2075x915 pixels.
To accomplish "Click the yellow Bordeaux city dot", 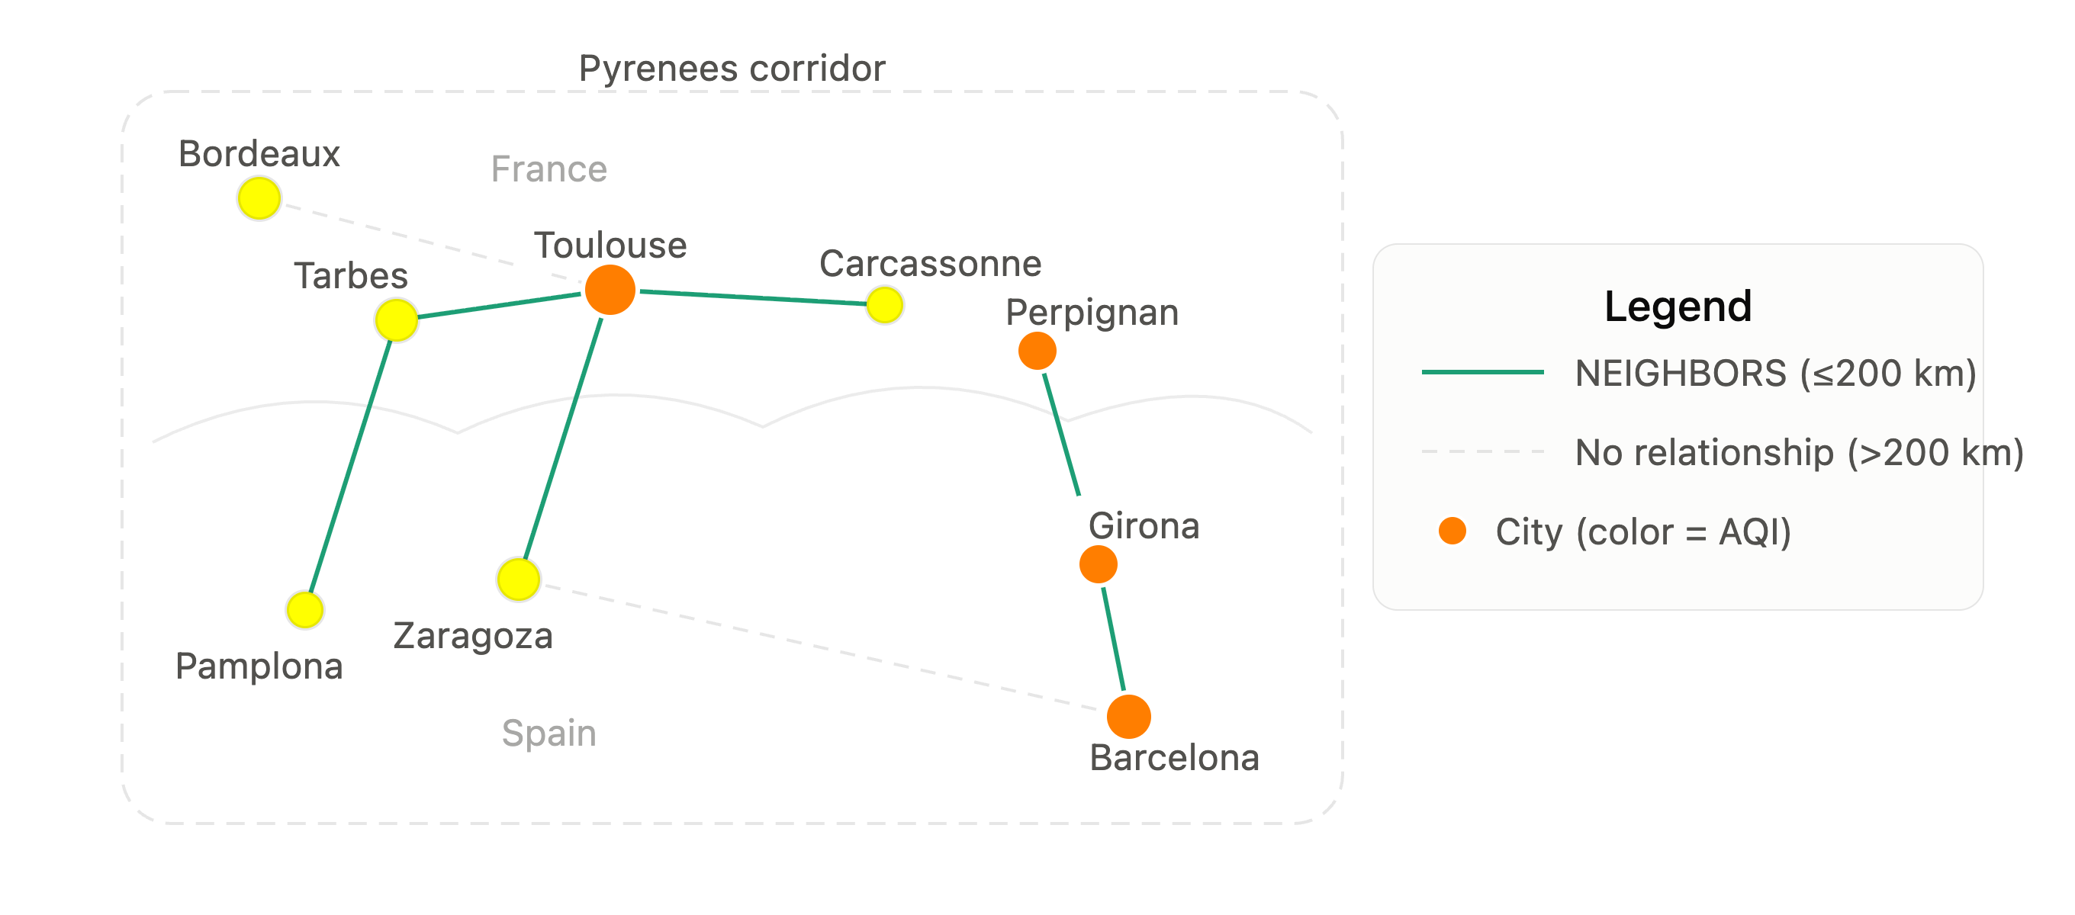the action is click(259, 198).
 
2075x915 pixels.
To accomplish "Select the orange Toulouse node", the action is click(610, 289).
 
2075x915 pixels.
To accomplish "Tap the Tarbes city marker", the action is click(397, 319).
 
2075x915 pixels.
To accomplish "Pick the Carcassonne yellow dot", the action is click(884, 305).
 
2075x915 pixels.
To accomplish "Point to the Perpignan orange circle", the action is click(1037, 351).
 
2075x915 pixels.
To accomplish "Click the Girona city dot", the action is click(1098, 563).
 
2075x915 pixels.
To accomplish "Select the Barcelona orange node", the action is click(1128, 716).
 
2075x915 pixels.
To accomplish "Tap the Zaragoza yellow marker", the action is click(518, 579).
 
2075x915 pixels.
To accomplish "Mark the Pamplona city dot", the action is click(304, 610).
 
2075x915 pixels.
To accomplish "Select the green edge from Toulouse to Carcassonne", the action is click(752, 298).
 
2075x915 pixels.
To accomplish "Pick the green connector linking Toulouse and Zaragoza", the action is click(563, 439).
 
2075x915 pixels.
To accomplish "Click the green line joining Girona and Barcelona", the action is click(1114, 640).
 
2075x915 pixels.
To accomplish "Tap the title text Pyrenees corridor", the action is click(732, 69).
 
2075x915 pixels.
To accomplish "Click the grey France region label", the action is click(549, 169).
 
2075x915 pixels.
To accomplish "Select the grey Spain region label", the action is click(549, 734).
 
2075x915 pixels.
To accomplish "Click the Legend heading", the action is click(1678, 306).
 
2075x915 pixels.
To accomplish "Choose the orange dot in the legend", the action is click(1452, 531).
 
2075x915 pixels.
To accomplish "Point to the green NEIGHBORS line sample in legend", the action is click(1482, 372).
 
